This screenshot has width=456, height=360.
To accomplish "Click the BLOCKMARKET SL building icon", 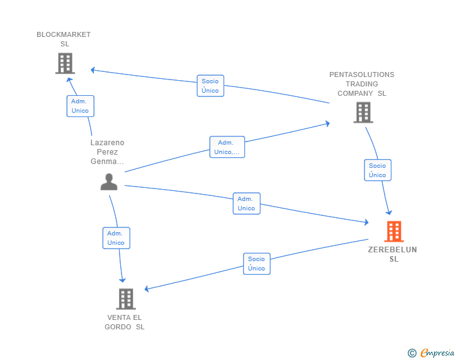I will (x=65, y=63).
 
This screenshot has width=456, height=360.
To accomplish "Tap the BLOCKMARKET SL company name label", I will (x=64, y=39).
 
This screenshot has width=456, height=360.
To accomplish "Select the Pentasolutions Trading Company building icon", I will (x=363, y=112).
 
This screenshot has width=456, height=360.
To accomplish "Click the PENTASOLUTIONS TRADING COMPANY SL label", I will (x=362, y=84).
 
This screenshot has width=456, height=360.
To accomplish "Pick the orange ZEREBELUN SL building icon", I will (x=393, y=231).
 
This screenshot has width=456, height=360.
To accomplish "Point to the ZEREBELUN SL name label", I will (x=393, y=254).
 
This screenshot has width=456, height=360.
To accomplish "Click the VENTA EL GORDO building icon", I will (x=125, y=299).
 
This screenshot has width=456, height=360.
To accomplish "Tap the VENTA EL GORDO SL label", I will (x=125, y=322).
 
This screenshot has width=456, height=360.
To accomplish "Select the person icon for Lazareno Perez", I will (x=109, y=182).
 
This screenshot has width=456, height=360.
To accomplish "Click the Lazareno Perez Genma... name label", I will (x=108, y=152).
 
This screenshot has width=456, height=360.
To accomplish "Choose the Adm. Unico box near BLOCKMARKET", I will (x=80, y=106).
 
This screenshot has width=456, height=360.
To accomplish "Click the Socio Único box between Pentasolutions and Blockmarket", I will (x=210, y=86).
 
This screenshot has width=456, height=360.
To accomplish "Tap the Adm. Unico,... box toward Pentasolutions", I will (x=227, y=147).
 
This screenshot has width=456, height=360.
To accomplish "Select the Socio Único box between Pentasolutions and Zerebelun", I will (x=377, y=170).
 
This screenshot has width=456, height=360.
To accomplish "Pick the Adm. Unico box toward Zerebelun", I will (x=246, y=203).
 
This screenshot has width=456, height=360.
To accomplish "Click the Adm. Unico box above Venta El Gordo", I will (x=116, y=238).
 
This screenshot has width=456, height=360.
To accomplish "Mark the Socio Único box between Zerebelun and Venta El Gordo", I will (x=256, y=264).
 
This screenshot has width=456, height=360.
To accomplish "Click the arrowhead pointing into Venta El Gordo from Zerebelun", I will (x=148, y=289).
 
